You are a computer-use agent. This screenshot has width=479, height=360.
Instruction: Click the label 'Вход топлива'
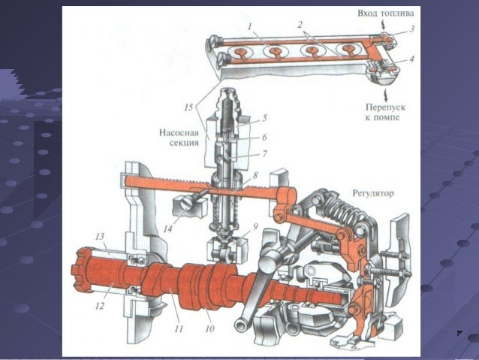386,14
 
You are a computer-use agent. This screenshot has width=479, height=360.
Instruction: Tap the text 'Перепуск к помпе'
385,112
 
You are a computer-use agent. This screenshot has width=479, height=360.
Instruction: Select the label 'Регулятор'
373,193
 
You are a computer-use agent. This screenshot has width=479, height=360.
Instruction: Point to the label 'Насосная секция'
179,138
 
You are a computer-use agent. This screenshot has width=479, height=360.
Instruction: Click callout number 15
188,107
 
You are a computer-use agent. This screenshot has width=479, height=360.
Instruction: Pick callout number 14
167,228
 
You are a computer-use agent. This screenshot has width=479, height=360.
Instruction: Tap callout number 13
100,237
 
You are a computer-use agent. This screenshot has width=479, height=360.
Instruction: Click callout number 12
100,305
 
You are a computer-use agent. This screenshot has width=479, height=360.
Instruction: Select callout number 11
179,328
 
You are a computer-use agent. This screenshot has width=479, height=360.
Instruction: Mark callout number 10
210,328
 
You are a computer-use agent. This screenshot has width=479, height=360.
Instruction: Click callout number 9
255,227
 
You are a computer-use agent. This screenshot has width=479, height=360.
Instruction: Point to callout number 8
255,175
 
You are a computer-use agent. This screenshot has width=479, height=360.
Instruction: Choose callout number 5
264,118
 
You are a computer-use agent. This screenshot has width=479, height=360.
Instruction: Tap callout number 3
411,29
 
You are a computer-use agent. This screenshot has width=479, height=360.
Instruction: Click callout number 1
249,26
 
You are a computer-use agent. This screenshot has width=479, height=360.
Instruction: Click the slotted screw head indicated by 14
187,203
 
